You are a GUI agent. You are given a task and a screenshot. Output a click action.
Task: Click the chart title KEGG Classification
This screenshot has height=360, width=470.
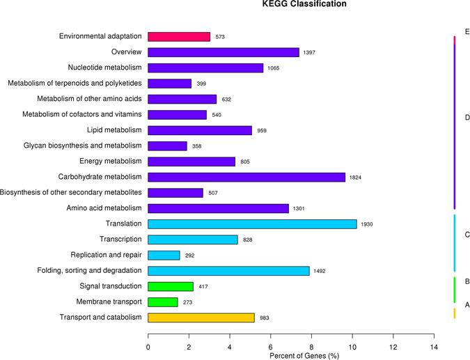(304, 5)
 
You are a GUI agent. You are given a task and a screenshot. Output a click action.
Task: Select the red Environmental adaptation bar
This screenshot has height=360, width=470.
(179, 36)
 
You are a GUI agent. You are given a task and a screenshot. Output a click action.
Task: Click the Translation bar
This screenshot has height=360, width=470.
(252, 224)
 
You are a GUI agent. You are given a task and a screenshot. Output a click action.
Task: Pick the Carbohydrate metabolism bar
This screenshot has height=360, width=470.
(246, 177)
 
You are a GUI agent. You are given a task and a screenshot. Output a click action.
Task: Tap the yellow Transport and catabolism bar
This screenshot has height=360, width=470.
(201, 318)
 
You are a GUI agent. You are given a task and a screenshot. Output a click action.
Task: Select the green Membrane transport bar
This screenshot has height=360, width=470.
(163, 302)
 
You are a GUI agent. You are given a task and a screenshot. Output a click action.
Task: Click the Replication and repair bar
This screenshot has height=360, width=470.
(164, 255)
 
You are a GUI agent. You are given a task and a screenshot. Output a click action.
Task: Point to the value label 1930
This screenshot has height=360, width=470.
(368, 224)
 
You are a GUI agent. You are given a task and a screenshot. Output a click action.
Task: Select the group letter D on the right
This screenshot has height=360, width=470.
(467, 118)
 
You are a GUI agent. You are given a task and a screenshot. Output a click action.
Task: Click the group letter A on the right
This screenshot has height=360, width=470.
(467, 305)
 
